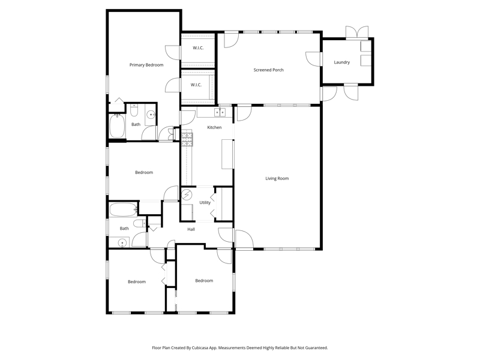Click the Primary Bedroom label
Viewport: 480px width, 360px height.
click(146, 65)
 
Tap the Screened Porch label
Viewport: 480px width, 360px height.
click(268, 70)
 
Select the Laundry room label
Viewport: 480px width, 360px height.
click(341, 62)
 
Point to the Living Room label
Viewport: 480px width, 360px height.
click(277, 178)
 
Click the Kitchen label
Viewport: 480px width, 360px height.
click(214, 127)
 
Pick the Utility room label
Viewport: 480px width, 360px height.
click(205, 203)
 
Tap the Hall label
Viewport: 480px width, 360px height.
click(191, 229)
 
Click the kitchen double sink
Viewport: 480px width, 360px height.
click(220, 112)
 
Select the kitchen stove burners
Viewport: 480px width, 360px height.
click(187, 140)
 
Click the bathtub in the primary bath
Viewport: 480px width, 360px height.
click(117, 126)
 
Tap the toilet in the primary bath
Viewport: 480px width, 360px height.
click(134, 110)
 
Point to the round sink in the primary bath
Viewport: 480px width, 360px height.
click(151, 115)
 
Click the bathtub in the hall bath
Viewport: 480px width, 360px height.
click(123, 209)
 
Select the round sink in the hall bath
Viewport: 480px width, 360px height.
click(122, 243)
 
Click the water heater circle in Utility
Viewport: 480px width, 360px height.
click(187, 194)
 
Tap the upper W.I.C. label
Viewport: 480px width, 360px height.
click(198, 48)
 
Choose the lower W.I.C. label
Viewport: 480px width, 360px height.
click(196, 85)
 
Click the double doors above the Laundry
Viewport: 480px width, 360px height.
click(357, 32)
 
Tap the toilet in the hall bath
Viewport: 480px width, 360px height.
click(140, 223)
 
